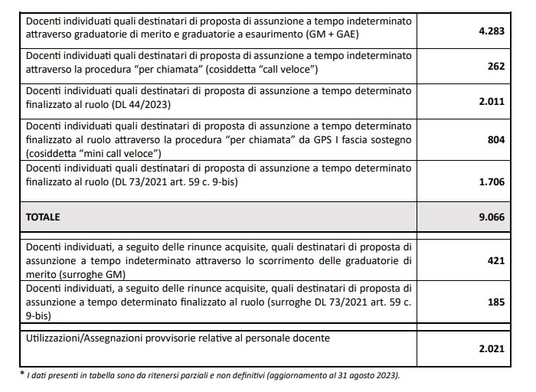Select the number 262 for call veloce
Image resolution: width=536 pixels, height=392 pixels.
click(x=496, y=67)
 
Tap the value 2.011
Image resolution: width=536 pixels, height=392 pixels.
click(x=490, y=101)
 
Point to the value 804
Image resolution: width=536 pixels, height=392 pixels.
click(x=496, y=141)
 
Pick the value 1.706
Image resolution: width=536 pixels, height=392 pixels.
click(x=490, y=181)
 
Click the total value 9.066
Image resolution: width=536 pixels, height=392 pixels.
click(x=490, y=217)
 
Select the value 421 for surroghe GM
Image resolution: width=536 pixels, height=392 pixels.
click(x=496, y=261)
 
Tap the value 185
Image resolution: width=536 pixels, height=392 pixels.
click(x=496, y=302)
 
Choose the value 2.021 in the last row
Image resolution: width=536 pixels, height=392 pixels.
click(x=490, y=348)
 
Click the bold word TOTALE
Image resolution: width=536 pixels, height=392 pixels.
click(x=43, y=217)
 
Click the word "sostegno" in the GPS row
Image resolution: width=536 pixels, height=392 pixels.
click(x=393, y=139)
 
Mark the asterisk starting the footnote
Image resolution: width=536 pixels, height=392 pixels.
click(x=21, y=374)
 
